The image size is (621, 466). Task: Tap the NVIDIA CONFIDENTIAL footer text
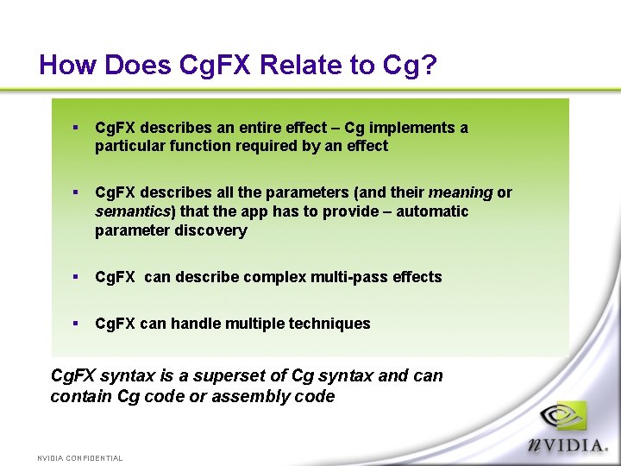tap(80, 458)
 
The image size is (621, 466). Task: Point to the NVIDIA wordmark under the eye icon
tap(569, 445)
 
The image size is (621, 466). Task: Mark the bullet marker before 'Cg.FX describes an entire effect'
tap(76, 128)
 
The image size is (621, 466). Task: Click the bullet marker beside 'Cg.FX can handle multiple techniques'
tap(76, 324)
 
